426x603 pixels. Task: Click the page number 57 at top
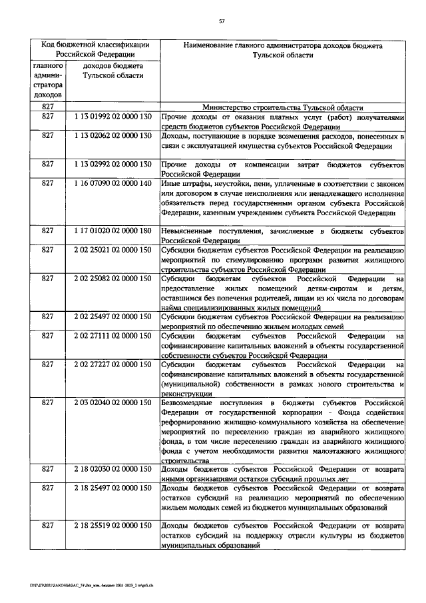pyautogui.click(x=222, y=21)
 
